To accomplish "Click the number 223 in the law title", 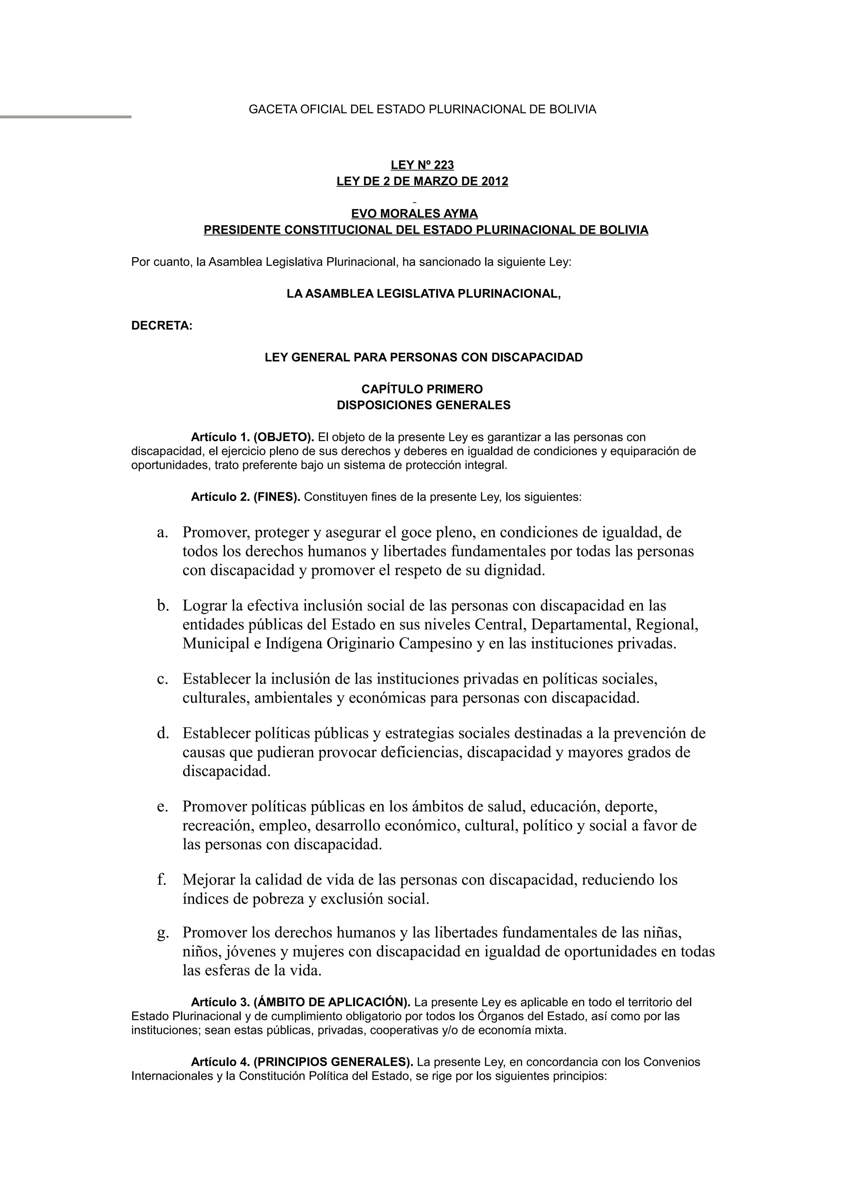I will (x=444, y=165).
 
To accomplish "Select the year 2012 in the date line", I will (x=494, y=181).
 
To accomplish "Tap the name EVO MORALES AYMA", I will (x=414, y=213).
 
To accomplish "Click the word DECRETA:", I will (x=162, y=326).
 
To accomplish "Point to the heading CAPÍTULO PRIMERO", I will (x=422, y=389).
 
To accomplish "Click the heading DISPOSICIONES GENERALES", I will (x=423, y=406).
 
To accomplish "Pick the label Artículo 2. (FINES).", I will (x=245, y=497).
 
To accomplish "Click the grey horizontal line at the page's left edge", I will (x=65, y=117).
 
